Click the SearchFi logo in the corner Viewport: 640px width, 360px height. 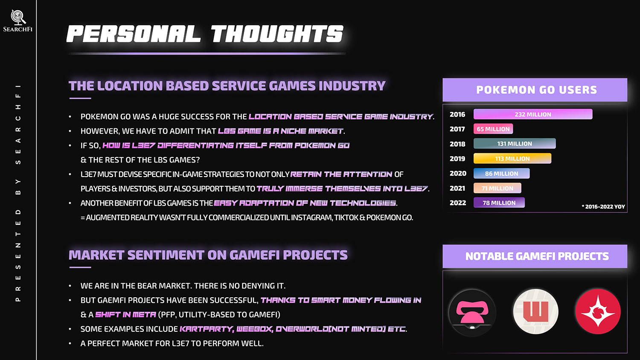[18, 20]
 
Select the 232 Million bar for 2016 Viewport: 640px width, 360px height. [533, 114]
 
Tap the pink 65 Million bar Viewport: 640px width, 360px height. [493, 129]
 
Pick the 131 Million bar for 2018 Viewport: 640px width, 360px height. [515, 143]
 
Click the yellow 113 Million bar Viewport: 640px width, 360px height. [512, 158]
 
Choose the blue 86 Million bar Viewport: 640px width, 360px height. [501, 174]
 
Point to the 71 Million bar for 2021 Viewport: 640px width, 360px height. [497, 188]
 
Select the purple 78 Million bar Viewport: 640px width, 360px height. [499, 203]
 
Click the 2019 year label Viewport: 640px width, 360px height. [457, 159]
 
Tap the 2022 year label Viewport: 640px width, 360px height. [458, 203]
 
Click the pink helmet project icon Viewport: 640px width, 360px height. [472, 313]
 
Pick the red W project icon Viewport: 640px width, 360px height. [536, 311]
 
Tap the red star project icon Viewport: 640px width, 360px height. [598, 311]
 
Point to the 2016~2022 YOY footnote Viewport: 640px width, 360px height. [603, 206]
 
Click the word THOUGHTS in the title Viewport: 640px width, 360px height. [277, 34]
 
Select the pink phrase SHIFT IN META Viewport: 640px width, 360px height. [125, 314]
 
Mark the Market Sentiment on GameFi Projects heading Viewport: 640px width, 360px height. [208, 255]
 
